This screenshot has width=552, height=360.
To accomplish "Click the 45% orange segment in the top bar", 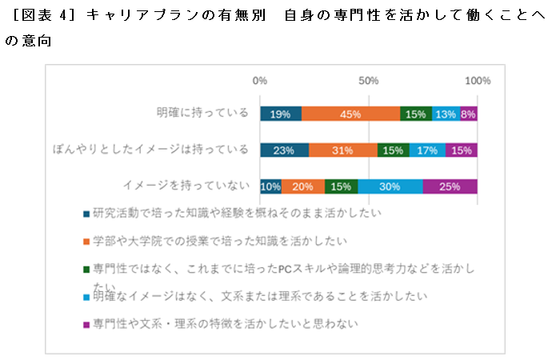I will (350, 114).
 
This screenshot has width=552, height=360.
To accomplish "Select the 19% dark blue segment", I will (281, 114).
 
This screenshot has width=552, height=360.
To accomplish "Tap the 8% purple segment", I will (469, 114).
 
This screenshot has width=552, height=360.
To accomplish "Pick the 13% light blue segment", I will (446, 114).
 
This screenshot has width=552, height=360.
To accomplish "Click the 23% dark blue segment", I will (284, 150).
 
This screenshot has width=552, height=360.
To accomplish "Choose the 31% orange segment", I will (342, 150).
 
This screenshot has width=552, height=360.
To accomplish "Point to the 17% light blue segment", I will (427, 150).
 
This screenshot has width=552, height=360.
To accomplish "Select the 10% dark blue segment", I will (270, 186).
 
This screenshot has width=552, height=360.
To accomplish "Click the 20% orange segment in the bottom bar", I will (302, 186).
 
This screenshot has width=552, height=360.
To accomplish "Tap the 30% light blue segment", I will (390, 186).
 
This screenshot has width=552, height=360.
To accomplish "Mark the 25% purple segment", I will (450, 186).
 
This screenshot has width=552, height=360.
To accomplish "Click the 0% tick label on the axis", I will (260, 81).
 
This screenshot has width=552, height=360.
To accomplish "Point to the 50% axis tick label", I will (368, 81).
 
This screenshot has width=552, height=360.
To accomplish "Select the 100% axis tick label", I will (478, 81).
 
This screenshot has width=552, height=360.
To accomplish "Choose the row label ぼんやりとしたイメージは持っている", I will (150, 150).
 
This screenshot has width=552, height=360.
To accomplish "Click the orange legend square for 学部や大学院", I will (86, 241).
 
